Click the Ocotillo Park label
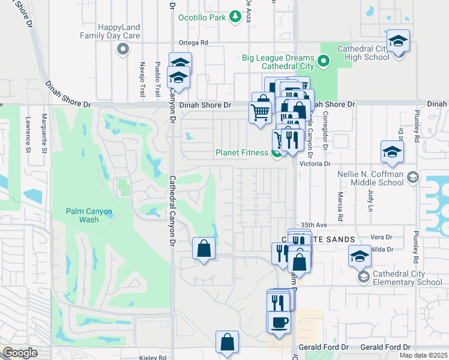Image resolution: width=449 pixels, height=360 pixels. point(202,17)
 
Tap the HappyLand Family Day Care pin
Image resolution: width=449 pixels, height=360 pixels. point(123,49)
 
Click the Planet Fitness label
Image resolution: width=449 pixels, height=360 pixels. point(242,152)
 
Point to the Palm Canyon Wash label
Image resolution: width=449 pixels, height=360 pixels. point(82,215)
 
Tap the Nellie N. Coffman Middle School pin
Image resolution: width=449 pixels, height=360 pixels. point(412,178)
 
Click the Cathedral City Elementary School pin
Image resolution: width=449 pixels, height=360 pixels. point(363,277)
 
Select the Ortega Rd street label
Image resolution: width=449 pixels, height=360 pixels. point(193,43)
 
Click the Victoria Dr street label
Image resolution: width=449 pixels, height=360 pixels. point(319,163)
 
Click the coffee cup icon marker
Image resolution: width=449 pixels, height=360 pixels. point(279,323)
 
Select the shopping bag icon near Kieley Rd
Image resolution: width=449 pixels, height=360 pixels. point(228,343)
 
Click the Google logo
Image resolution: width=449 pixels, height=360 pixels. point(20,353)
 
